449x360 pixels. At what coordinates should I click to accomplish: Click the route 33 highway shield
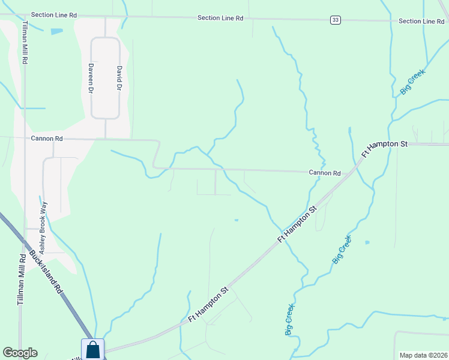pyautogui.click(x=335, y=20)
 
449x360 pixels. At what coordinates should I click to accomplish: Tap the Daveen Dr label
pyautogui.click(x=91, y=78)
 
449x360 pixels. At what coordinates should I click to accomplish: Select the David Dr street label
pyautogui.click(x=119, y=78)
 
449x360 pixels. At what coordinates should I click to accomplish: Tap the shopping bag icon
pyautogui.click(x=93, y=349)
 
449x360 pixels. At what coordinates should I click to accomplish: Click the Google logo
pyautogui.click(x=20, y=353)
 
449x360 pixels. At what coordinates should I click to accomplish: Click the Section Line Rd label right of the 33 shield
pyautogui.click(x=421, y=21)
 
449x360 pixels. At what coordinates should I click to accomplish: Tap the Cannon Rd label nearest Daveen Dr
pyautogui.click(x=47, y=139)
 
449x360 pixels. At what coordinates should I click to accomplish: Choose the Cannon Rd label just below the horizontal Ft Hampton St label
pyautogui.click(x=325, y=173)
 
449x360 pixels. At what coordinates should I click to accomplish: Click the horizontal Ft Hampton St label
pyautogui.click(x=384, y=144)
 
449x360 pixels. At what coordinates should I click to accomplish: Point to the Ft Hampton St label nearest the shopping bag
pyautogui.click(x=208, y=304)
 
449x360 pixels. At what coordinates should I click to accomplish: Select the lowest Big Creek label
pyautogui.click(x=290, y=319)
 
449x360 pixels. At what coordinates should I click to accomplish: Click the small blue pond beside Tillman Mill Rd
pyautogui.click(x=56, y=31)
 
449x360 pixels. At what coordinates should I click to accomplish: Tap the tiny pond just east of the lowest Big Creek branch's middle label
pyautogui.click(x=367, y=242)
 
